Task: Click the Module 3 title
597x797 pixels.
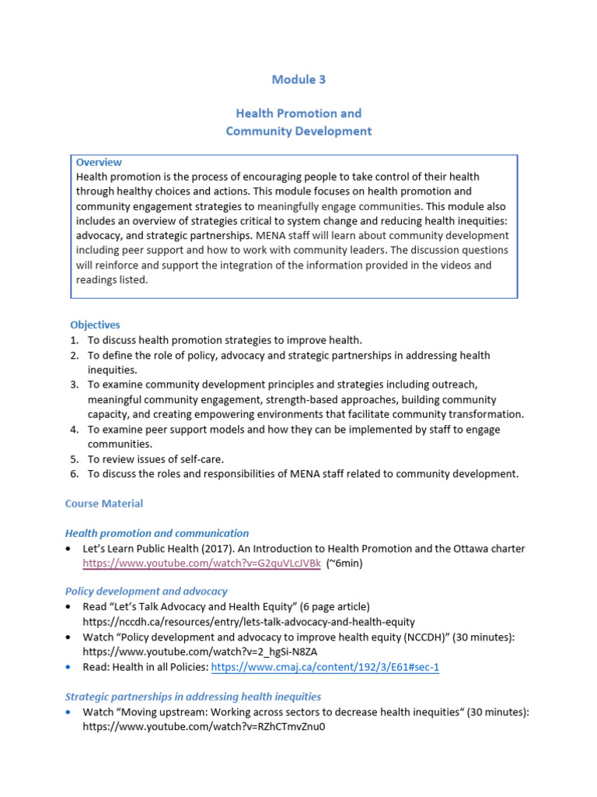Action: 298,79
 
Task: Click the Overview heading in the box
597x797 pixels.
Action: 99,163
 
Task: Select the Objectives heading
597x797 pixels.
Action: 95,325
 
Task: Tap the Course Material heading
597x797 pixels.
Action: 104,504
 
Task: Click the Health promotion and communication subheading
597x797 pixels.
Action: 157,533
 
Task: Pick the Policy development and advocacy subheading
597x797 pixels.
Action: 146,592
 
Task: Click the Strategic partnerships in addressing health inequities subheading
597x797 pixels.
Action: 193,697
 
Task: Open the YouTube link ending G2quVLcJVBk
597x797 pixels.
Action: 201,563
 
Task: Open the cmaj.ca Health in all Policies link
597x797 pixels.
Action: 325,667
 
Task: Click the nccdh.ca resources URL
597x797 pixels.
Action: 249,622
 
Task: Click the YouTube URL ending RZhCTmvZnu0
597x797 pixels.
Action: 204,727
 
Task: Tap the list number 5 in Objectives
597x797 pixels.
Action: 74,458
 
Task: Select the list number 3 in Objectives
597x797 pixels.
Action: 74,384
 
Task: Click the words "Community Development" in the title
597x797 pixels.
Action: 298,131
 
